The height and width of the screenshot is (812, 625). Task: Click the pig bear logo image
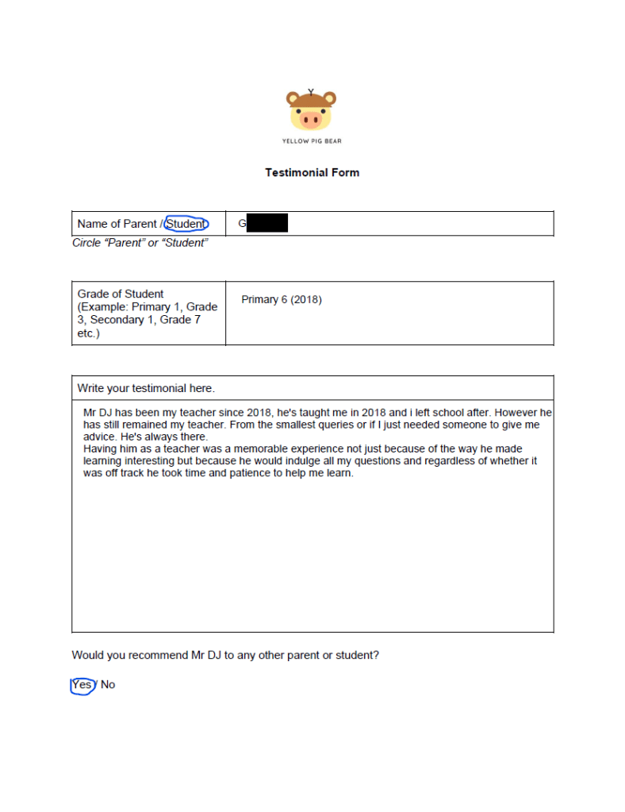[x=311, y=110]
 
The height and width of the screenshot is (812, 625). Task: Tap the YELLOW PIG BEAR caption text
[x=312, y=141]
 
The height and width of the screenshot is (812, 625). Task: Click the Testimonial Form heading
[x=312, y=172]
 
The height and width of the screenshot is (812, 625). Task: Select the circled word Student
[x=186, y=224]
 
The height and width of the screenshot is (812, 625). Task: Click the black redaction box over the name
[x=266, y=223]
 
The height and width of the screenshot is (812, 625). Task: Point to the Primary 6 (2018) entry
[x=282, y=300]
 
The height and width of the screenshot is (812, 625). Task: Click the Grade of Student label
[x=121, y=294]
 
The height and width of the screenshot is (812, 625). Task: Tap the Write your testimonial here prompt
[x=146, y=388]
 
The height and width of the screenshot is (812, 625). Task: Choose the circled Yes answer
[x=82, y=684]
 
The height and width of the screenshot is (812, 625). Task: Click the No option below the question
[x=108, y=684]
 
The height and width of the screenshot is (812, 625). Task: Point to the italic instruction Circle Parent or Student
[x=140, y=243]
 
